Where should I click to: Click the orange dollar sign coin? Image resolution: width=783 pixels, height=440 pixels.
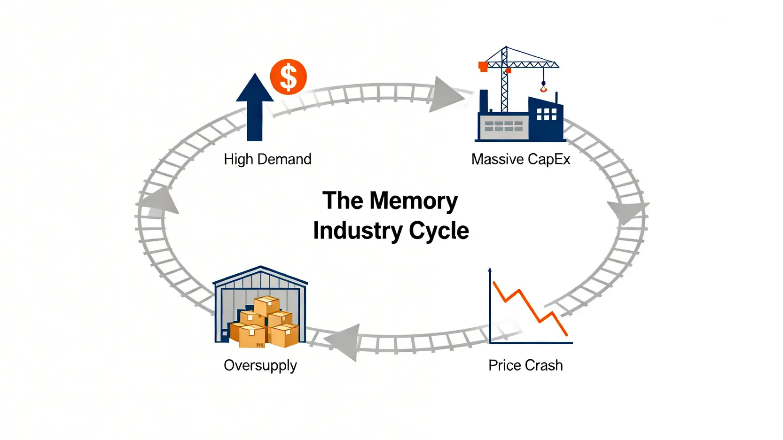(288, 77)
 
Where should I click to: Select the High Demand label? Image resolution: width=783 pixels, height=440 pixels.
(267, 159)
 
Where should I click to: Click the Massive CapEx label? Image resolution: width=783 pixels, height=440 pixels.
(520, 159)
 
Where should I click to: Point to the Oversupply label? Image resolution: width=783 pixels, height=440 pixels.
(260, 365)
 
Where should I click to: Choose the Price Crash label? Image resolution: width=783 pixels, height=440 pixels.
(525, 365)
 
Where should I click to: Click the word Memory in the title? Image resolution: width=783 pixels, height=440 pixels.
(413, 201)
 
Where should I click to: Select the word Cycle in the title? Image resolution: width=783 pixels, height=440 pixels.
(438, 231)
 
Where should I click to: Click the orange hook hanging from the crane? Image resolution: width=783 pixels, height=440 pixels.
(543, 88)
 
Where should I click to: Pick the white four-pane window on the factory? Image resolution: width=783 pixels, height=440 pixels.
(546, 114)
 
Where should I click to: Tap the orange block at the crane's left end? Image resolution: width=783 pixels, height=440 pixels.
(483, 67)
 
